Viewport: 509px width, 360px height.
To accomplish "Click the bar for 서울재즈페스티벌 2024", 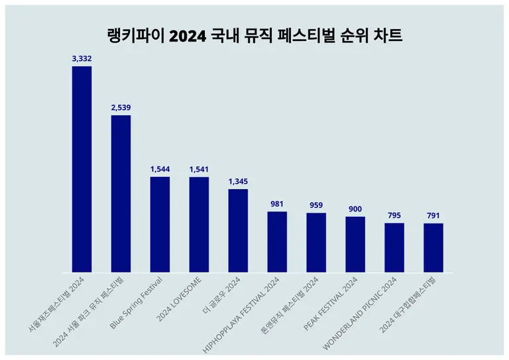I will (82, 169).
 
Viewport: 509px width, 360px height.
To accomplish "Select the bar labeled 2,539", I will (121, 194).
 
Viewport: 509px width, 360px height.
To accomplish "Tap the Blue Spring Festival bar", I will (160, 224).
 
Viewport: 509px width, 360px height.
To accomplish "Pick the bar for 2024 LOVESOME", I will (199, 224).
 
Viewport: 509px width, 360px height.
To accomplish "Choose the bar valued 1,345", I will (238, 231).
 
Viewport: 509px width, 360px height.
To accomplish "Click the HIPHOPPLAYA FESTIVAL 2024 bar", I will (277, 242).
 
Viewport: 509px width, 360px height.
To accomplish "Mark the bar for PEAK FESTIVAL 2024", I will (355, 244).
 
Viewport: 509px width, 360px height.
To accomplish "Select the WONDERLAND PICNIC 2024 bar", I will (394, 247).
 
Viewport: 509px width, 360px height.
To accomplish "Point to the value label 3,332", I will (82, 59).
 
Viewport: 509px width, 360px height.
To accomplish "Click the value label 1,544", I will (160, 169).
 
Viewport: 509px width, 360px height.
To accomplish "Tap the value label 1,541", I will (199, 169).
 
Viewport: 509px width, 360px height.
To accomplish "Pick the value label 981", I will (277, 204).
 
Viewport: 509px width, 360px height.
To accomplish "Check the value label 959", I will (316, 206).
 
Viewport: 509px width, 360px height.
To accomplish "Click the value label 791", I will (433, 215).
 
